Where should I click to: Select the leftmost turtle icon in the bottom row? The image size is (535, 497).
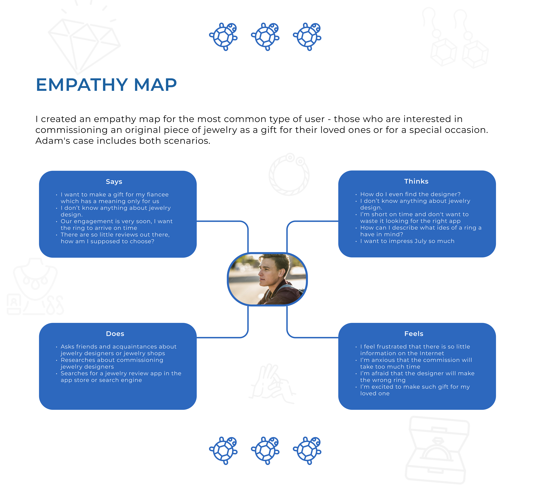223,450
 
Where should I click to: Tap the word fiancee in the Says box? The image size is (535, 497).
158,194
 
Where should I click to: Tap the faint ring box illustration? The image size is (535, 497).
437,449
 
